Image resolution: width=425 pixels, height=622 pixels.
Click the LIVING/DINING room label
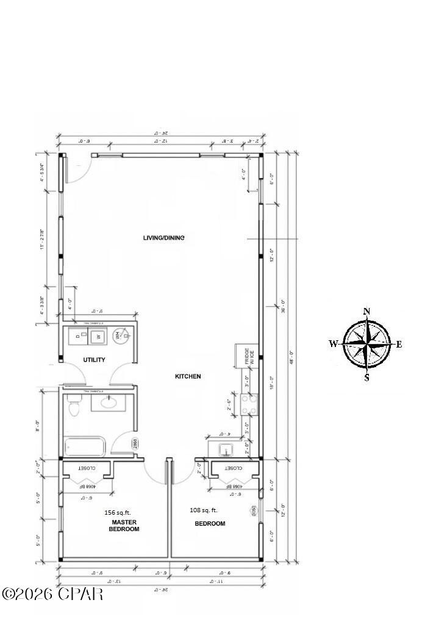coord(163,238)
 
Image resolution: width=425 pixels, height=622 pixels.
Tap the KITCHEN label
coord(188,376)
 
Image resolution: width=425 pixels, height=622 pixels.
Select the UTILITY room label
coord(94,360)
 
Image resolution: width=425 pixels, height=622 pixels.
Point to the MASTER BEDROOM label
coord(124,526)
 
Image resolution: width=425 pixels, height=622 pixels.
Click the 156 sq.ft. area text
coord(118,513)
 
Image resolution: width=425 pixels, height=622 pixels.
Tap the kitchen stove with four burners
coord(249,404)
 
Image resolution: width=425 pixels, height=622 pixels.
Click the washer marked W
coord(98,335)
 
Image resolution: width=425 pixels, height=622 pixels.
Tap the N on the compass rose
coord(366,312)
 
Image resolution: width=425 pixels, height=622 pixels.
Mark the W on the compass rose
coord(333,344)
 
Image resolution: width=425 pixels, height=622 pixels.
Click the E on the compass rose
coord(399,345)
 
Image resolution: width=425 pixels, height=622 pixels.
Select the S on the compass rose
coord(366,377)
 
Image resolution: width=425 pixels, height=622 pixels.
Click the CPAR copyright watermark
coord(52,593)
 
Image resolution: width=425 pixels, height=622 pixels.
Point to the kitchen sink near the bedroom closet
coord(227,450)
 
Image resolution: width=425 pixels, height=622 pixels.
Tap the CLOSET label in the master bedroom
coord(87,468)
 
